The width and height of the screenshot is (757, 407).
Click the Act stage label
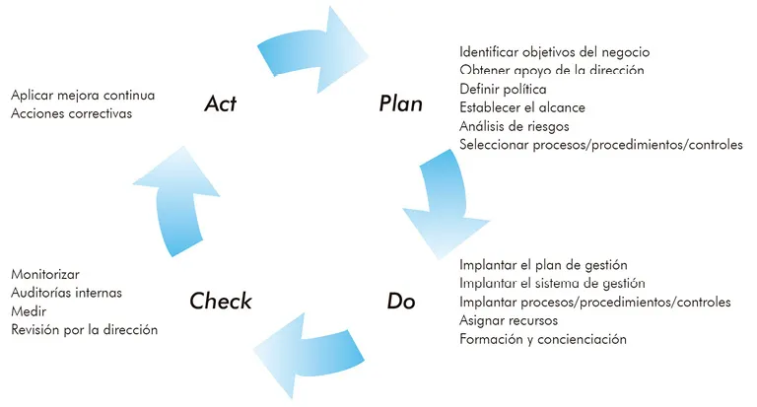pos(220,102)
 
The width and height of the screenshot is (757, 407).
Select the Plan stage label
pos(400,103)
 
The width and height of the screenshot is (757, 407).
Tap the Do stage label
pos(400,301)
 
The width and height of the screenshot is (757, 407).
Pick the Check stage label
pos(221,301)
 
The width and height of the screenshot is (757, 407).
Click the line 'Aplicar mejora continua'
pos(83,96)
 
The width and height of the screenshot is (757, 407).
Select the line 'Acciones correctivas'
pos(71,113)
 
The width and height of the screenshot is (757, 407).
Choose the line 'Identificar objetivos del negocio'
pos(554,51)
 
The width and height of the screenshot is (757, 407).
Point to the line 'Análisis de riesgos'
pos(514,126)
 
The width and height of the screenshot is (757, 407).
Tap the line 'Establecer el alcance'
pos(522,107)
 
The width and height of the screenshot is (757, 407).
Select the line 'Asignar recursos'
pos(509,320)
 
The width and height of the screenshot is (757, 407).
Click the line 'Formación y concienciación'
pos(543,339)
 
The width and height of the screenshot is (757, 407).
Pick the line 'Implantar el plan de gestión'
pos(543,265)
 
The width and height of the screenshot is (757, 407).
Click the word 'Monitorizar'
pos(45,274)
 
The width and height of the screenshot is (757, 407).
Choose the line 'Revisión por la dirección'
pos(84,330)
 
